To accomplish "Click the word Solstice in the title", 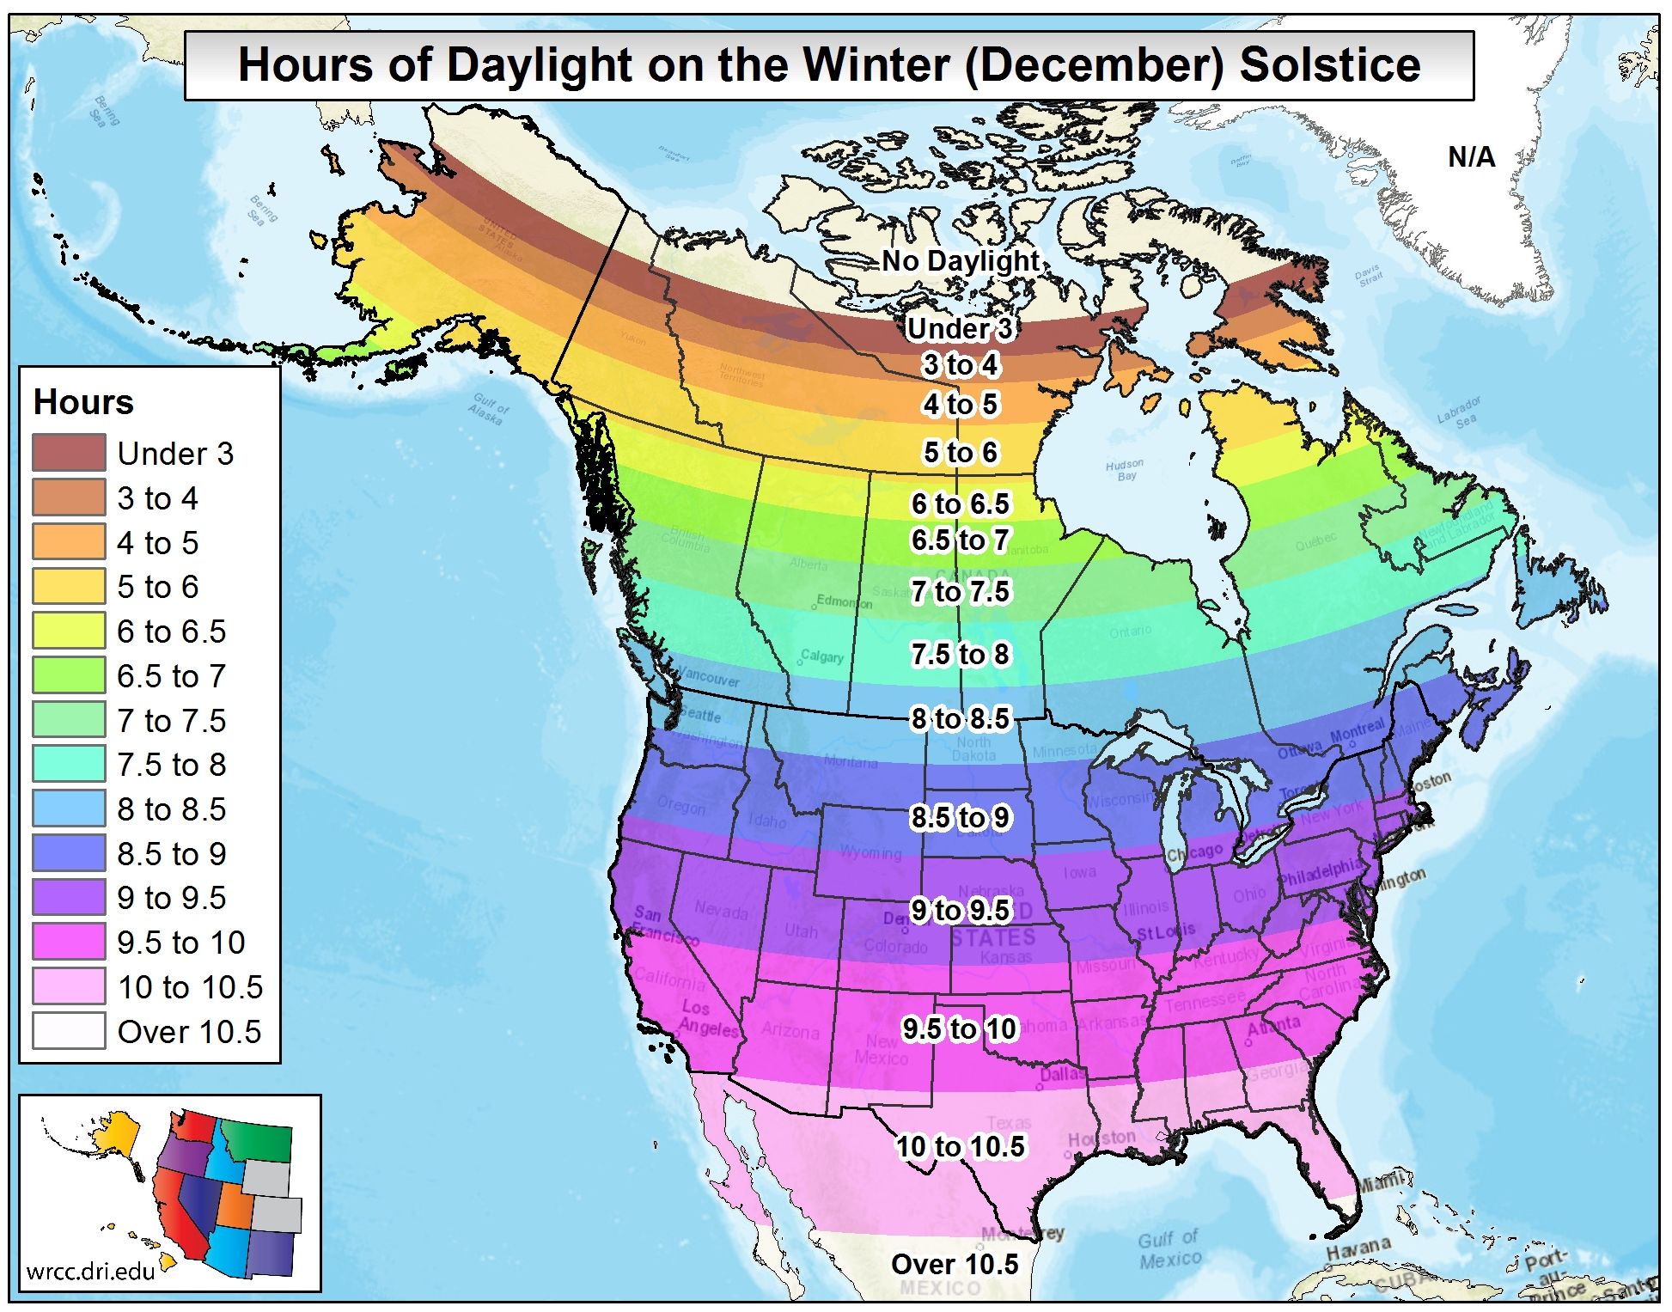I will [x=1329, y=65].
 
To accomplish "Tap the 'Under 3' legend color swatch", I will [x=69, y=453].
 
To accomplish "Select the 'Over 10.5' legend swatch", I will [x=69, y=1031].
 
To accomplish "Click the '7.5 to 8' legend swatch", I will [x=69, y=764].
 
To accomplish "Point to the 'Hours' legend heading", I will [x=83, y=402].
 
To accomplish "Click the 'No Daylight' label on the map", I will [x=961, y=260].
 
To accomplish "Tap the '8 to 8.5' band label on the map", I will [x=960, y=718].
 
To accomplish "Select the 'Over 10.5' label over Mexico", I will [x=954, y=1264].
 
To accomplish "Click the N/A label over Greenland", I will [x=1471, y=157].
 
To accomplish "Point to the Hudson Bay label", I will [x=1125, y=469].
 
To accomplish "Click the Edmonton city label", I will [x=844, y=601].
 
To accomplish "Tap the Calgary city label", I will [x=822, y=657].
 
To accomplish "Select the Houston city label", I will [x=1101, y=1138].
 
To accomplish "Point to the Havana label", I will [x=1358, y=1248].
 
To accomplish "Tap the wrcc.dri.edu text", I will [x=90, y=1271].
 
